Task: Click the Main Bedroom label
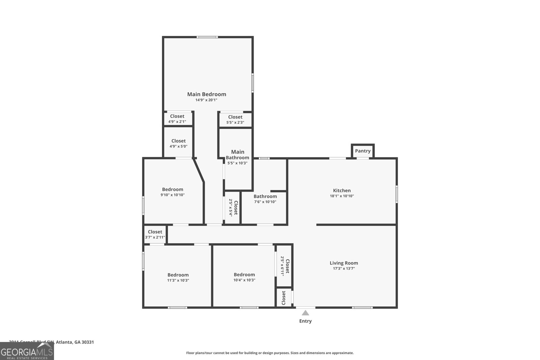207,94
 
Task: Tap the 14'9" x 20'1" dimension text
206,100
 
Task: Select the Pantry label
363,151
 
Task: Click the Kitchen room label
342,190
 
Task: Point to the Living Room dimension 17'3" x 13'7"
344,269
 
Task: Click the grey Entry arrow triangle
305,313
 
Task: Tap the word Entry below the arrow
305,321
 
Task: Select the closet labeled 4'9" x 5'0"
178,143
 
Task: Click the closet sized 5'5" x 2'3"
235,119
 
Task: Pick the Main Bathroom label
238,155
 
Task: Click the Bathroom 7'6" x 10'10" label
265,199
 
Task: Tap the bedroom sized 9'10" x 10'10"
172,192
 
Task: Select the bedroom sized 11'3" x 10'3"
178,277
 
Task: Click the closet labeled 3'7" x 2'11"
155,234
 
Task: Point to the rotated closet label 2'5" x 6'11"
285,266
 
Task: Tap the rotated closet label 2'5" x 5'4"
233,207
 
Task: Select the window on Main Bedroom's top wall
208,37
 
